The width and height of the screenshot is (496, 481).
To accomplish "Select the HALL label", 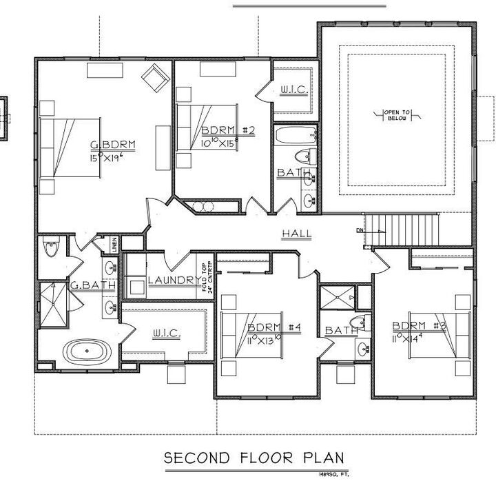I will pyautogui.click(x=296, y=234).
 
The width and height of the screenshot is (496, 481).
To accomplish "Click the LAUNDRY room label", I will pyautogui.click(x=174, y=280).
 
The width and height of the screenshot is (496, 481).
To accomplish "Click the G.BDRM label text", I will pyautogui.click(x=114, y=145).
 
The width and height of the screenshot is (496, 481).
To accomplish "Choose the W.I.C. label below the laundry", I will pyautogui.click(x=166, y=334).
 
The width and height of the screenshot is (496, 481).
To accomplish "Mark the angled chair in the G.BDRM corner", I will pyautogui.click(x=154, y=77).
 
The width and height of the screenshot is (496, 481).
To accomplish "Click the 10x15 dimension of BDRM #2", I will pyautogui.click(x=219, y=143).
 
